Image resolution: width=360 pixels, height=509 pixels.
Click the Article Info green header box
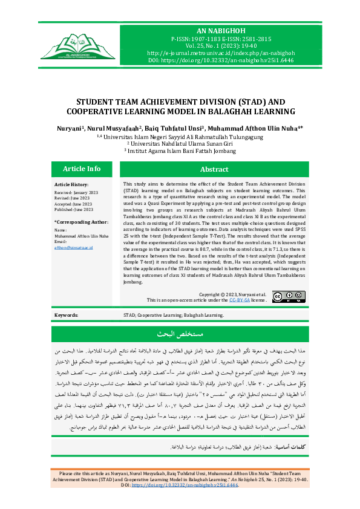pyautogui.click(x=82, y=169)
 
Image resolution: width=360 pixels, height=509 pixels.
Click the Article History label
pyautogui.click(x=71, y=184)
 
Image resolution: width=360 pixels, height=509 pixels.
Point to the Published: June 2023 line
pyautogui.click(x=74, y=209)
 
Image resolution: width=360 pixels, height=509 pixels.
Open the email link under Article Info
pyautogui.click(x=74, y=247)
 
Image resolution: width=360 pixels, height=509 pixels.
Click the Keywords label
pyautogui.click(x=66, y=316)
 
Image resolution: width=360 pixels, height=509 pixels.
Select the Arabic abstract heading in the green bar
pyautogui.click(x=180, y=334)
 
